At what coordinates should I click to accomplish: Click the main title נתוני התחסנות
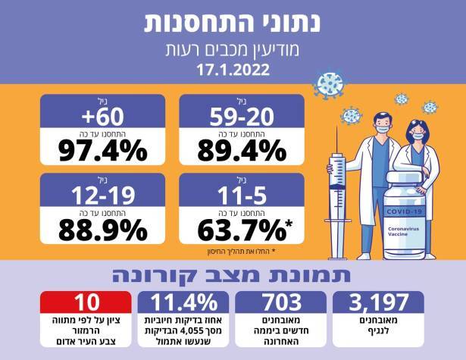coord(232,23)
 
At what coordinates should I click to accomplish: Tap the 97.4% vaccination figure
coord(103,151)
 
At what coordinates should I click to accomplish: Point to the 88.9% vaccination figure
coord(103,227)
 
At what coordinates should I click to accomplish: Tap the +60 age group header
coord(103,114)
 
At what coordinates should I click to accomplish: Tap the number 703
coord(282,302)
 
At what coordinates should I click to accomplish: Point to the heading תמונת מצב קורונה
coord(232,273)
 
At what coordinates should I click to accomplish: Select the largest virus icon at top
coord(328,85)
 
